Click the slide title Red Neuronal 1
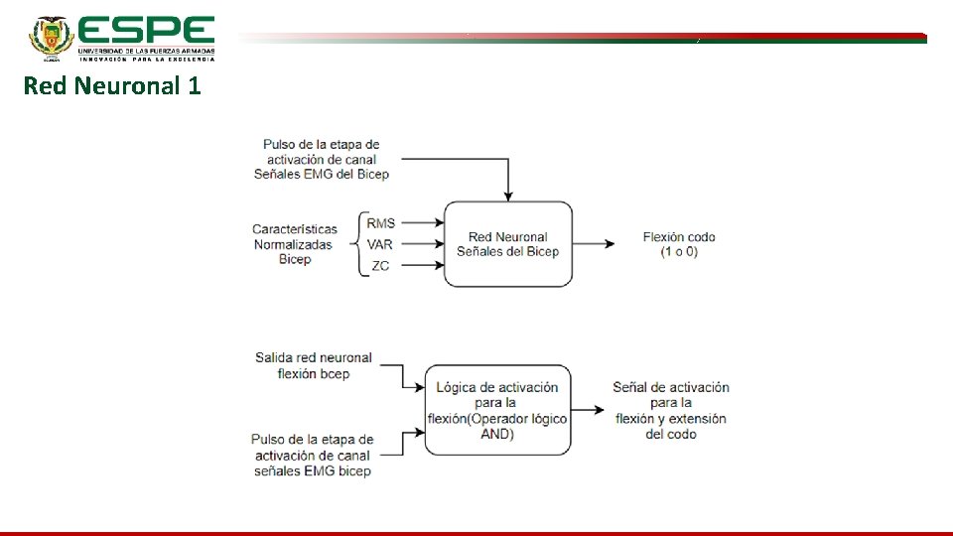coord(112,86)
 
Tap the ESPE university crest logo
coord(51,38)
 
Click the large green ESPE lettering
coord(145,30)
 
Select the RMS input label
coord(380,223)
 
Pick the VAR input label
coord(380,244)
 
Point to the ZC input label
coord(380,266)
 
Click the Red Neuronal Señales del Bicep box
coord(507,244)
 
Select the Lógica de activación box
coord(497,410)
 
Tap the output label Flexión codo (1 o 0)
coord(679,244)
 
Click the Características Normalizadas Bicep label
coord(295,244)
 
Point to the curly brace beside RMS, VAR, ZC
coord(358,244)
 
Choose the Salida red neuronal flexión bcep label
coord(313,365)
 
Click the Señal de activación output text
coord(671,410)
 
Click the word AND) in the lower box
coord(497,435)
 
